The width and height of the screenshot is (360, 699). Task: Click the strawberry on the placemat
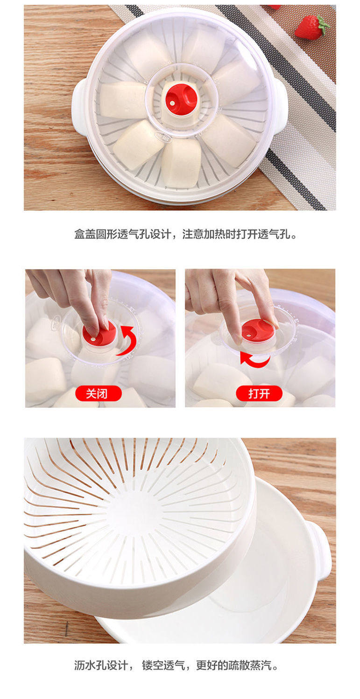click(311, 27)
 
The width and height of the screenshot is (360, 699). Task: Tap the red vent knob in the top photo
click(182, 98)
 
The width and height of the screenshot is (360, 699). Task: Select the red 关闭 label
click(99, 393)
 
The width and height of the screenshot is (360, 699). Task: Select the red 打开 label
click(259, 393)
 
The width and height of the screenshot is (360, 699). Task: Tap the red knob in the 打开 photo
click(258, 330)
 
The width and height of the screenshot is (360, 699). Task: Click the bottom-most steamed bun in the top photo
click(181, 164)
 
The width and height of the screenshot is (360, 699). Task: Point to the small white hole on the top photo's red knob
click(172, 103)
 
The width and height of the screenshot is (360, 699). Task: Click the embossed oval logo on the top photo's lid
click(162, 137)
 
